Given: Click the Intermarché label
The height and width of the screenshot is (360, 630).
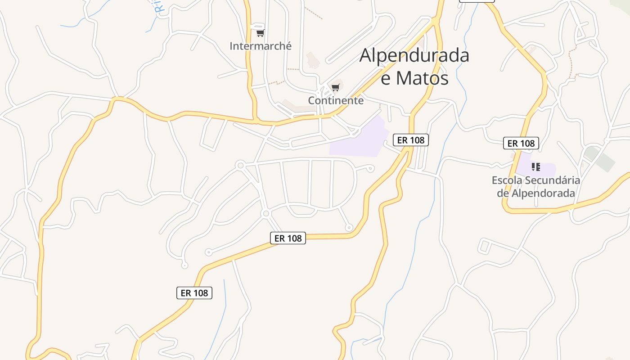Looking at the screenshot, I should point(261,46).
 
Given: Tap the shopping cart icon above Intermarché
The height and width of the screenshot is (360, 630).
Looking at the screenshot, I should point(260,33).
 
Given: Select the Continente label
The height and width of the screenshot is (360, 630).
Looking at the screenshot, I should point(336,100).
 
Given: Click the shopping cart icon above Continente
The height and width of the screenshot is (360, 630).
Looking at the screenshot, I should point(335,87).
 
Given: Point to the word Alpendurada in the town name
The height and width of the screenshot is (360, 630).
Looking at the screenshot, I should point(414,55).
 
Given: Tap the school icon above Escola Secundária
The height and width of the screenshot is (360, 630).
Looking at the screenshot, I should point(535,167).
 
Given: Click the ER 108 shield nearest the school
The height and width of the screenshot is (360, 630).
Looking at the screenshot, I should point(521,144).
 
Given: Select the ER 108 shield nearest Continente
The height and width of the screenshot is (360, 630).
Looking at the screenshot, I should point(411,140).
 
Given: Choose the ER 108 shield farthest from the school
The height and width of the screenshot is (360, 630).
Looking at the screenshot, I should point(194,293).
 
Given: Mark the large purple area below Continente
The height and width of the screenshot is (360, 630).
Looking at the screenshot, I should point(360,139).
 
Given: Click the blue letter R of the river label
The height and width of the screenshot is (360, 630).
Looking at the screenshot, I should point(158,7).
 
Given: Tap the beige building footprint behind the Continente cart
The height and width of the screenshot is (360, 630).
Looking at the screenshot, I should point(339,83).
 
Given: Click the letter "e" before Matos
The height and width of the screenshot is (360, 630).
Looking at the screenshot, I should point(386,78).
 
